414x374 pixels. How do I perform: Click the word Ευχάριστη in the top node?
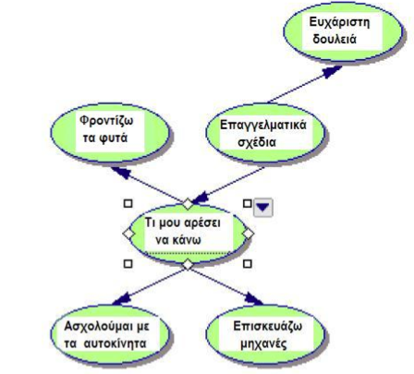339,23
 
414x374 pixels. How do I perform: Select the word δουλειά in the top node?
335,39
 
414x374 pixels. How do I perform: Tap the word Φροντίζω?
106,121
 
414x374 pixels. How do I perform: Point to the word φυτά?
114,139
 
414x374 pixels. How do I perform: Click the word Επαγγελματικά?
263,126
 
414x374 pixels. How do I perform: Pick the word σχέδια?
257,142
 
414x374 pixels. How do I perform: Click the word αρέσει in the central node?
203,223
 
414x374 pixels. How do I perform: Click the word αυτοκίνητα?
115,344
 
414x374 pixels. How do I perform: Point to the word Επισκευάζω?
268,326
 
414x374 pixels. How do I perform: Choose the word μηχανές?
263,344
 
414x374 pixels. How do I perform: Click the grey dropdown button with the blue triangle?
262,207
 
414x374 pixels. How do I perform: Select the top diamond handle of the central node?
188,204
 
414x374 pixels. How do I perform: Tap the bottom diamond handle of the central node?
188,264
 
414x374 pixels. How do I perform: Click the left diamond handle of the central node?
128,234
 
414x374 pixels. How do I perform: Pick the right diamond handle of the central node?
248,234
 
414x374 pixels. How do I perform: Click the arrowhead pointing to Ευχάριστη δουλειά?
332,71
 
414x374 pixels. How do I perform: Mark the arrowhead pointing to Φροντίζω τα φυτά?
121,173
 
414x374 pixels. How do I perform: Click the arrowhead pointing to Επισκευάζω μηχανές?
254,299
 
